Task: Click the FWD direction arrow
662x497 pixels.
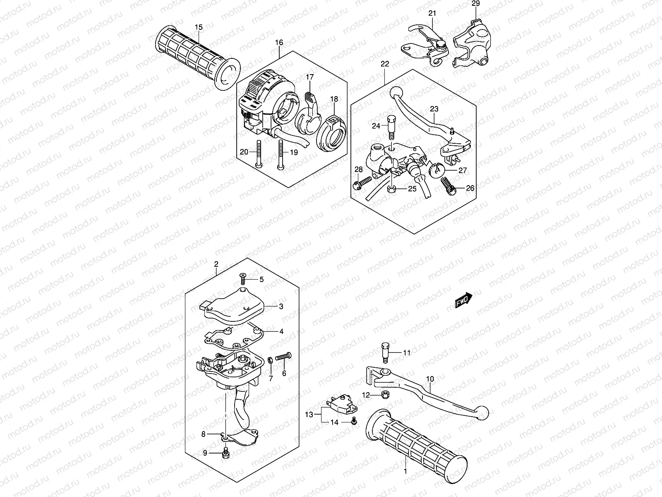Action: (x=463, y=300)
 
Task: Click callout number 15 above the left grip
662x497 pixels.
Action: (x=199, y=27)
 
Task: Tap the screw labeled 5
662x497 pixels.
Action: (x=242, y=277)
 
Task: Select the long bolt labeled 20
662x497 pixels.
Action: (x=258, y=153)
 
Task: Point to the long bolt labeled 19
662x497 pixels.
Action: (x=281, y=153)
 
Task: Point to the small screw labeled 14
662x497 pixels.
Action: (x=354, y=422)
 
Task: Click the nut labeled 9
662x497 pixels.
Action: (x=226, y=454)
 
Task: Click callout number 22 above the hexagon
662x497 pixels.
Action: (x=385, y=64)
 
